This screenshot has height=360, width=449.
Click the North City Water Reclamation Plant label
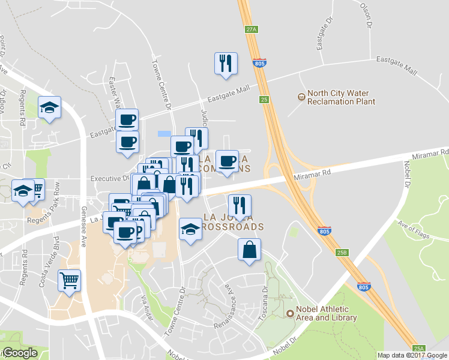341,97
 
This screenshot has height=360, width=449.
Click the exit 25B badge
342,253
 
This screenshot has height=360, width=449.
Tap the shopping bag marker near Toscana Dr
249,249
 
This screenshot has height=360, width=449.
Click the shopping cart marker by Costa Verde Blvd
70,280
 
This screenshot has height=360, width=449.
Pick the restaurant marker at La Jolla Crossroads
240,205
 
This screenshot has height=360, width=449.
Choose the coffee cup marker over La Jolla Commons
227,161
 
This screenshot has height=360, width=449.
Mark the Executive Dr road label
109,178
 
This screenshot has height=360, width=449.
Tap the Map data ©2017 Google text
412,355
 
